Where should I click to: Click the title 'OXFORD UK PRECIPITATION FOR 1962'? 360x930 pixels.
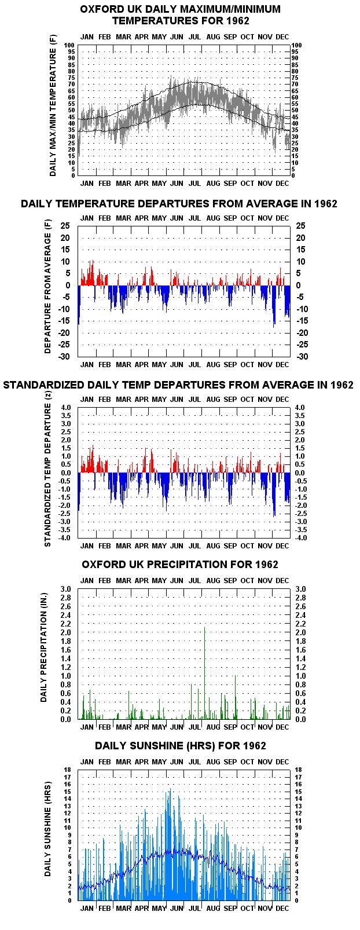[x=180, y=565]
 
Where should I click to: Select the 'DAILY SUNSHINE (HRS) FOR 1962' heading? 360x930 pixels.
[x=181, y=746]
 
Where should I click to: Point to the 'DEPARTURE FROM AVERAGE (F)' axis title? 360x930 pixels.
[x=47, y=287]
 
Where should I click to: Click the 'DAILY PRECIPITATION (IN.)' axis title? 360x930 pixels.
[x=44, y=647]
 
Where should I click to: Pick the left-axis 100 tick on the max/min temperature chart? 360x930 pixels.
[x=69, y=45]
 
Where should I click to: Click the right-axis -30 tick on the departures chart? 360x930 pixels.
[x=302, y=357]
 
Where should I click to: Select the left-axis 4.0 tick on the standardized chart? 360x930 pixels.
[x=66, y=407]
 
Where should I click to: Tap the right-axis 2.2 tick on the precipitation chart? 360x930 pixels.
[x=301, y=624]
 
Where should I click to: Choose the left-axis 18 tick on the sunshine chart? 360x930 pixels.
[x=67, y=770]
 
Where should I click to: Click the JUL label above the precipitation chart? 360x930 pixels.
[x=194, y=580]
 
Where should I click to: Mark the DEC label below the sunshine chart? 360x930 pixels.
[x=282, y=909]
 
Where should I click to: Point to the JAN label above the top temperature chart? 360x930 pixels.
[x=87, y=37]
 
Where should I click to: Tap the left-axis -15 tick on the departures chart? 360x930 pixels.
[x=69, y=321]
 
